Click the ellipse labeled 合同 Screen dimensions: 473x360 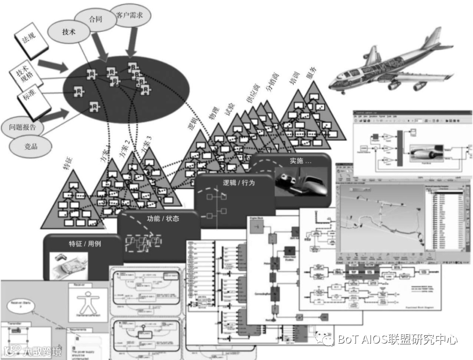[x=95, y=20]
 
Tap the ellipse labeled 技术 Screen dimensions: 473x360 [x=69, y=32]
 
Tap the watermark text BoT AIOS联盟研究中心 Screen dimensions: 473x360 [x=397, y=339]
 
